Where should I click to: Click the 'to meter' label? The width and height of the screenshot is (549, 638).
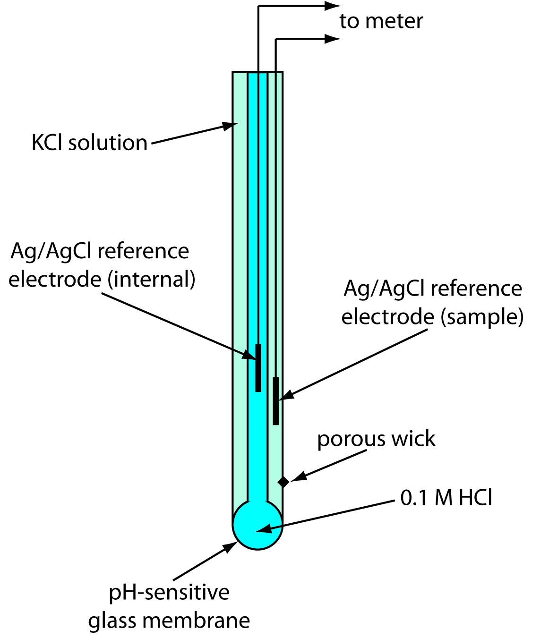click(x=381, y=21)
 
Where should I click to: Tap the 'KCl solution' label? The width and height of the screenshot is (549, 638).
click(x=89, y=143)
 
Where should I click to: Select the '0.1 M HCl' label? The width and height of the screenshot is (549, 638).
click(x=446, y=498)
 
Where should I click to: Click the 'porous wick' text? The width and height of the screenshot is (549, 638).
click(x=376, y=439)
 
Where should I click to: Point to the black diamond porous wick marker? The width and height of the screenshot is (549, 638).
click(x=283, y=482)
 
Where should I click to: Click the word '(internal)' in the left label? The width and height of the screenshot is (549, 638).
click(x=151, y=279)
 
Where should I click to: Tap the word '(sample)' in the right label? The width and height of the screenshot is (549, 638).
click(x=482, y=316)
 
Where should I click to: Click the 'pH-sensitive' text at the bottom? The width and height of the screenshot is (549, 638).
click(x=169, y=592)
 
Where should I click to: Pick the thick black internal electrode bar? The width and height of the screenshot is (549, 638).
click(x=258, y=368)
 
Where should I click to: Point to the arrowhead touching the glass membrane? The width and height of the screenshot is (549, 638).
click(x=231, y=547)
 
